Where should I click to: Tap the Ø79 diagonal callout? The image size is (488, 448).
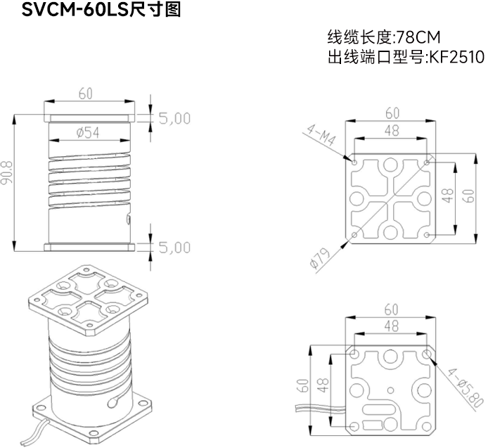pyautogui.click(x=320, y=259)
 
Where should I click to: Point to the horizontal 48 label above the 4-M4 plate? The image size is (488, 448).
pyautogui.click(x=392, y=129)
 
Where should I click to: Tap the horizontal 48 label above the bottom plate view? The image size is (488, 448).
pyautogui.click(x=392, y=326)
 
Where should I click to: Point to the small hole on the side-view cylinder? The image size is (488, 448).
pyautogui.click(x=128, y=219)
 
